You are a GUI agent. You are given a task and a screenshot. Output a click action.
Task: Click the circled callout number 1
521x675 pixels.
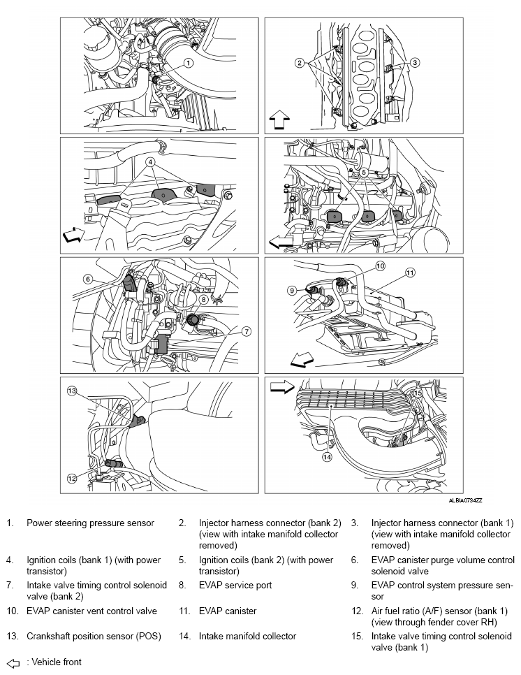pos(189,63)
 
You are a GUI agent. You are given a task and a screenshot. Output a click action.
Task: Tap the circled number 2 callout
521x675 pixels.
pos(300,63)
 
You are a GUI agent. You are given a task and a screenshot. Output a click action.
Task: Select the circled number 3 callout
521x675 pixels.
pos(414,63)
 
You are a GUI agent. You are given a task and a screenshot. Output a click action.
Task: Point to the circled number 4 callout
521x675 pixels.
pos(149,162)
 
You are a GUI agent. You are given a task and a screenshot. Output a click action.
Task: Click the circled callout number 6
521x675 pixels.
pos(88,280)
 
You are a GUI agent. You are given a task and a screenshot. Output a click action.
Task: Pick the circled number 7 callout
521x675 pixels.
pos(246,331)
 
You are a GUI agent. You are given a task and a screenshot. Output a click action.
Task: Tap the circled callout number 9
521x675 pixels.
pos(292,291)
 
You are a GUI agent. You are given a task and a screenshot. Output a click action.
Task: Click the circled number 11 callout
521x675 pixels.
pos(410,273)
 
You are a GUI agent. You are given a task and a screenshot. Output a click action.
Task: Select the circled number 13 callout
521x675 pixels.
pos(71,391)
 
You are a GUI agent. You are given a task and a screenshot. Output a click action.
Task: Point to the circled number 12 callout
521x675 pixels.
pos(72,478)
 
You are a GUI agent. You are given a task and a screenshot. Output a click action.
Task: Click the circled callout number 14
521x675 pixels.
pos(327,457)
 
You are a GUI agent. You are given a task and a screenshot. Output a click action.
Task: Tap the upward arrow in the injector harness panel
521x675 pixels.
pos(279,119)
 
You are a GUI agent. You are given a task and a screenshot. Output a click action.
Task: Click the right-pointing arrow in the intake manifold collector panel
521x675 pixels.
pos(281,387)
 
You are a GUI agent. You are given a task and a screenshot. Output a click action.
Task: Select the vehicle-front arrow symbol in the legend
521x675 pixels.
pos(13,663)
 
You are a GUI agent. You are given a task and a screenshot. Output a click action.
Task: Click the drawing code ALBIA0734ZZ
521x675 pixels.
pos(466,500)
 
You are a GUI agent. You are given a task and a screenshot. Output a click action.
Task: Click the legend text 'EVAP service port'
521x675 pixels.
pos(235,585)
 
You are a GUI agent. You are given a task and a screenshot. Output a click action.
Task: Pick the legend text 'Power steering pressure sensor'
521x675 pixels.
pos(90,523)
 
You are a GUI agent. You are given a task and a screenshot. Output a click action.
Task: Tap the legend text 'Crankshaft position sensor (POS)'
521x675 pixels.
pos(94,637)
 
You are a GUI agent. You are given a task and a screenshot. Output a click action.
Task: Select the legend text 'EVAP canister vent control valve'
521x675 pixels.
pos(91,611)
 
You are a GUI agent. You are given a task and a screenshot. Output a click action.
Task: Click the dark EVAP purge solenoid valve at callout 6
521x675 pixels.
pos(130,284)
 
